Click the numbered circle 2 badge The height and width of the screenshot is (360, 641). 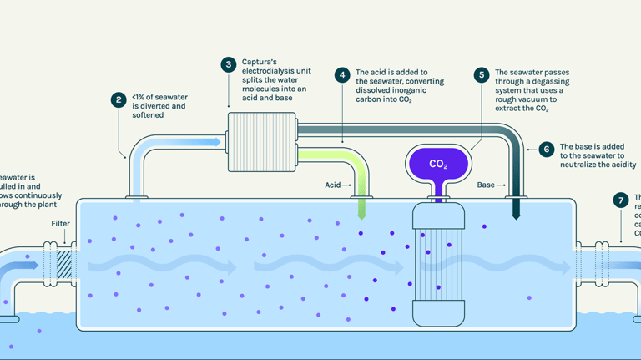tap(119, 100)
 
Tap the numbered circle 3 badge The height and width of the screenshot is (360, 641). tap(228, 64)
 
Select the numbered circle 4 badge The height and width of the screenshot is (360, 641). tap(342, 75)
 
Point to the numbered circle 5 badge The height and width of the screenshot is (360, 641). tap(481, 75)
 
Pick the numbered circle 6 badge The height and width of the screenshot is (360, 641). tap(546, 150)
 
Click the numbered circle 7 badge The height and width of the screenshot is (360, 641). tap(620, 200)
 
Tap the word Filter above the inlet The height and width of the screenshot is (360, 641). tap(60, 224)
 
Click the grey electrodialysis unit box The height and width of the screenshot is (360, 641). tap(262, 142)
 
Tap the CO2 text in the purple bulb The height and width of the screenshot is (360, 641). tap(438, 165)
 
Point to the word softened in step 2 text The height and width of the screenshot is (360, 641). tap(147, 115)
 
